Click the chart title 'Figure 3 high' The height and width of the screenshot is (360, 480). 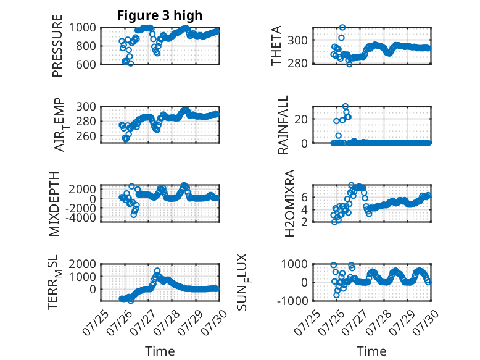tap(160, 15)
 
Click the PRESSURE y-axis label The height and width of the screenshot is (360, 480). tap(57, 46)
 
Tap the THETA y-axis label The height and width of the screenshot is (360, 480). tap(276, 46)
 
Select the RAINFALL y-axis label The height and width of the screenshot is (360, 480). tap(283, 125)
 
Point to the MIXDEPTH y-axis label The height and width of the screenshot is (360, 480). tap(54, 204)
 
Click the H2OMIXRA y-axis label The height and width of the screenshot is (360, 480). tap(289, 203)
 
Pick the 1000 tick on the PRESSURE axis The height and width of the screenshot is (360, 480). tap(82, 28)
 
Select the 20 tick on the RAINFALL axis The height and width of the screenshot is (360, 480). tap(301, 119)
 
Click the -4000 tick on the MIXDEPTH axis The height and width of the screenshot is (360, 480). tap(81, 217)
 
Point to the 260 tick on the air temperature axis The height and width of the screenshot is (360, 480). tap(86, 136)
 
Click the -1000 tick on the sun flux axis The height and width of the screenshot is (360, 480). tap(292, 301)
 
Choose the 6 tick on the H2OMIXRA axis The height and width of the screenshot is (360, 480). tap(304, 197)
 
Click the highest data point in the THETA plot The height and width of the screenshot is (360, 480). tap(342, 28)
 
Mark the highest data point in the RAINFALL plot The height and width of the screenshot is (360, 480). tap(346, 106)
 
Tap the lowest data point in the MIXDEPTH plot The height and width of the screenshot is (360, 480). tap(134, 215)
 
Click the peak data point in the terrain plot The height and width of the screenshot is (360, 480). tap(157, 270)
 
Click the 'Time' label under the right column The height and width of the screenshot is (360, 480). tap(371, 351)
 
